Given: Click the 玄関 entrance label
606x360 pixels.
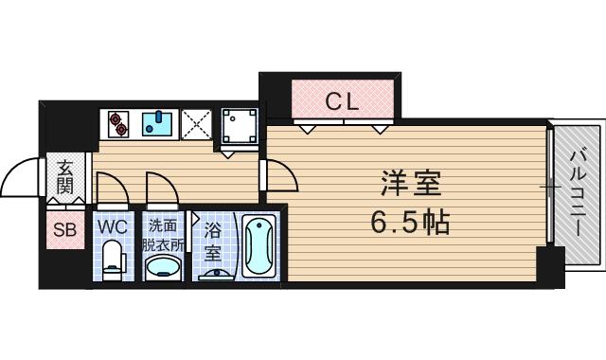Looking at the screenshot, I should point(64,177).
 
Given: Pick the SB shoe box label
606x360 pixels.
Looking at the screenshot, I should point(64,229).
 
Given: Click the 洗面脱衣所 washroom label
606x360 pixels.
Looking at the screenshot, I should point(164,234).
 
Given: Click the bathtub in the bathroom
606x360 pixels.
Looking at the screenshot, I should point(258,246).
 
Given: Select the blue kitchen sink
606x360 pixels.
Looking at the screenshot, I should point(158,123).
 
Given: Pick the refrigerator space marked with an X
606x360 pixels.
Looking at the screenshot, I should point(197,123).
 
